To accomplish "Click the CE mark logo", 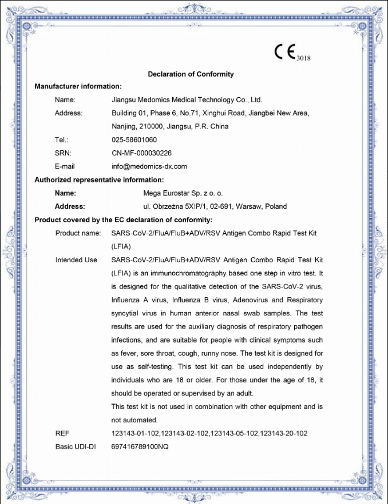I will coord(284,53).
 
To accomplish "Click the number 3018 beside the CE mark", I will coord(303,58).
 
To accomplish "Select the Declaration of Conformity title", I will coord(191,74).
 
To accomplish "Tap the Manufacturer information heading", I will coord(78,86).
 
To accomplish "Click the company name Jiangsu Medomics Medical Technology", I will coord(187,99).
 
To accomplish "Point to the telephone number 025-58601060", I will coord(134,139).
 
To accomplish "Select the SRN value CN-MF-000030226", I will coord(141,153).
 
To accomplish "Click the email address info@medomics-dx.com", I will coord(149,166).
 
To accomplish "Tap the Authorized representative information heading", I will coord(100,179).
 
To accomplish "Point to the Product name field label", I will coord(78,233).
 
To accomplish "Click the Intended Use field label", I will coord(76,260).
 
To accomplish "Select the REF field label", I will coord(62,434).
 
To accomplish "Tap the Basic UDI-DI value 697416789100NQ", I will coord(140,447).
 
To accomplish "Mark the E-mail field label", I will coord(65,166).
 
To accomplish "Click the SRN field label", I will coord(63,153).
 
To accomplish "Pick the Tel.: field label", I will coord(62,139).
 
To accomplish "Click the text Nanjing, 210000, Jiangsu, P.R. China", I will coord(170,126).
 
